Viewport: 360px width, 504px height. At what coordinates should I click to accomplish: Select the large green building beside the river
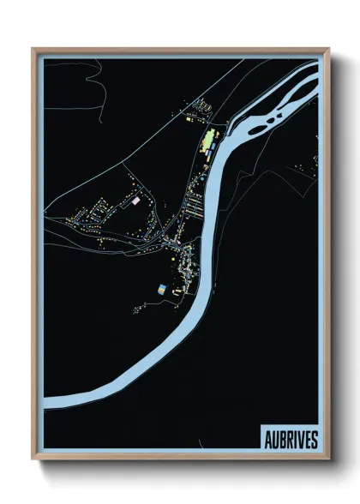(208, 141)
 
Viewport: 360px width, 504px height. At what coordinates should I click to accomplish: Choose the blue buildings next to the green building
(219, 137)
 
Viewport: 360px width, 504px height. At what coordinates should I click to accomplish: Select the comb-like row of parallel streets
(194, 206)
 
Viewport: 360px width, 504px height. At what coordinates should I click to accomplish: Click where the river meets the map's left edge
(45, 401)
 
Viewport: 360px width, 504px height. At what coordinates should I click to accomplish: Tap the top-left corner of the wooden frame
(33, 49)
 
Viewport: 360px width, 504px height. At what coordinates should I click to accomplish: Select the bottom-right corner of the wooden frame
(328, 459)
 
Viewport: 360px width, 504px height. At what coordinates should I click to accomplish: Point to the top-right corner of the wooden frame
(328, 49)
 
